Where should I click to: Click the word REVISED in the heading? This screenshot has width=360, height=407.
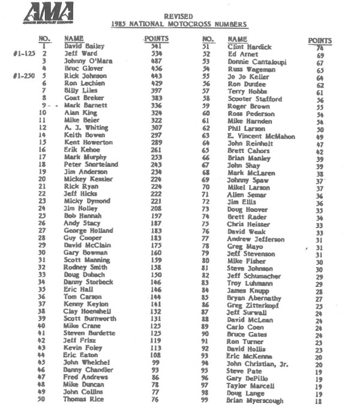(179, 16)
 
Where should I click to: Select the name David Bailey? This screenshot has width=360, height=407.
(84, 46)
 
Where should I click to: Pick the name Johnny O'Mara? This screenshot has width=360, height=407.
(88, 61)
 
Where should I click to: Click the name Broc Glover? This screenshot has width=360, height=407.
(84, 68)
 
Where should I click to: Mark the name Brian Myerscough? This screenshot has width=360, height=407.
(255, 400)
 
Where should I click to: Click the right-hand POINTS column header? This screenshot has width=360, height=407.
(320, 40)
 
